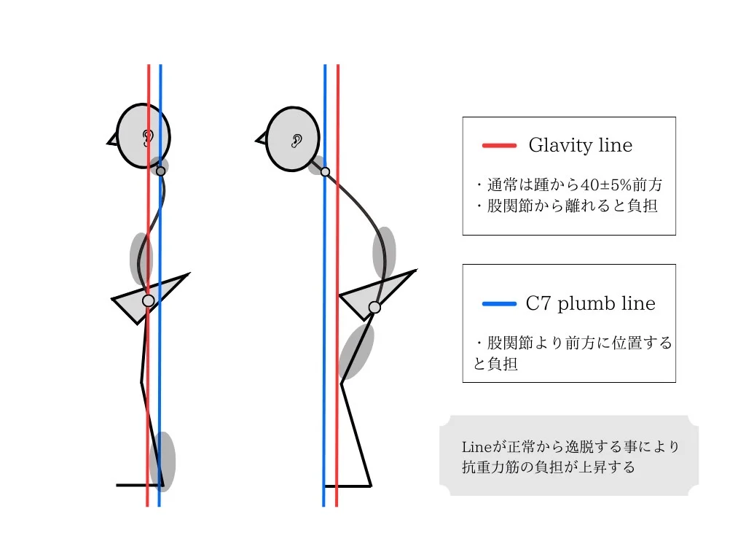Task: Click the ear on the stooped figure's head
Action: tap(297, 141)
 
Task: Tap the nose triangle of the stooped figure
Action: tap(261, 139)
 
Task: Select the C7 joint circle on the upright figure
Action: tap(161, 171)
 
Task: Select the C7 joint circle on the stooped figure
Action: tap(326, 172)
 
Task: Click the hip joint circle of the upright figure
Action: tap(148, 300)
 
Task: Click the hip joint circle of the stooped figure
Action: tap(374, 308)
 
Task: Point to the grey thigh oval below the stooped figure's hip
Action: tap(356, 351)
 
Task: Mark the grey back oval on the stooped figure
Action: tap(384, 252)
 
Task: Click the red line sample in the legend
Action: tap(499, 146)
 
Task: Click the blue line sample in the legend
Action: tap(499, 304)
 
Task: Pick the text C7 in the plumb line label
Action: tap(538, 304)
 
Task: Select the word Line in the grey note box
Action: tap(477, 447)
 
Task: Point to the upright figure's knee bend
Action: tap(141, 381)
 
